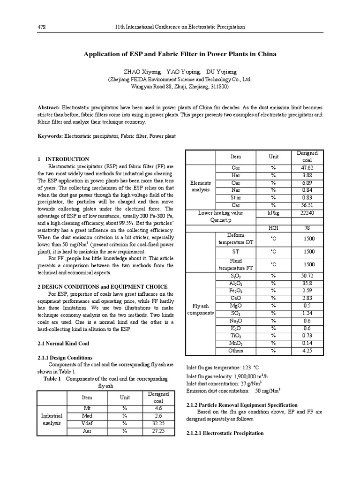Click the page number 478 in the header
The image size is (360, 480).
(x=41, y=27)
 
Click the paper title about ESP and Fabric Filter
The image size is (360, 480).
(x=180, y=54)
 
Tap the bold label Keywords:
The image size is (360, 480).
(x=50, y=136)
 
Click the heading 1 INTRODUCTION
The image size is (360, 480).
(x=63, y=159)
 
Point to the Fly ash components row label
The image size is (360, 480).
(x=201, y=309)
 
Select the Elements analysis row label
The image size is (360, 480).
(x=201, y=186)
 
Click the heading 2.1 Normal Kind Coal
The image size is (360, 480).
(x=63, y=344)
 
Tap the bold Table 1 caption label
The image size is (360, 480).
(x=52, y=378)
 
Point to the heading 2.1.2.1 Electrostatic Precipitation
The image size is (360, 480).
(x=225, y=434)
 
